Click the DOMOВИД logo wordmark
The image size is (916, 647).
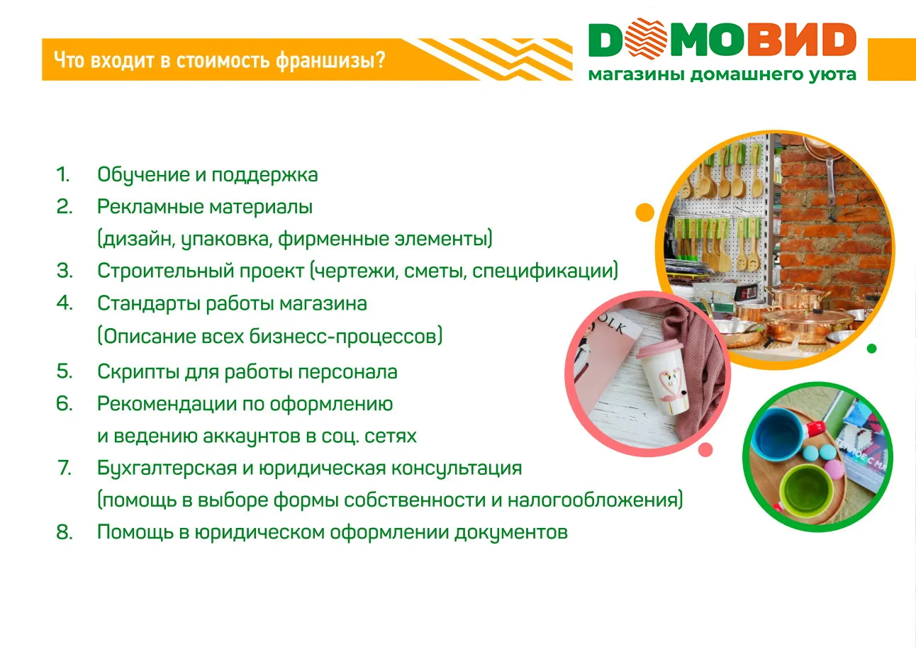point(722,40)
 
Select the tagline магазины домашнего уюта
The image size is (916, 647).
point(722,74)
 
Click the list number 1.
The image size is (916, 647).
point(63,175)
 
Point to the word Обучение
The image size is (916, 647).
point(144,175)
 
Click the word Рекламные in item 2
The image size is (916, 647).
point(150,207)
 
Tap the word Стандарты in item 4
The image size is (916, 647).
point(149,304)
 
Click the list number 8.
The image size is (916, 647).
point(65,532)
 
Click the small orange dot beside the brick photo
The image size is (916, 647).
point(644,212)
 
